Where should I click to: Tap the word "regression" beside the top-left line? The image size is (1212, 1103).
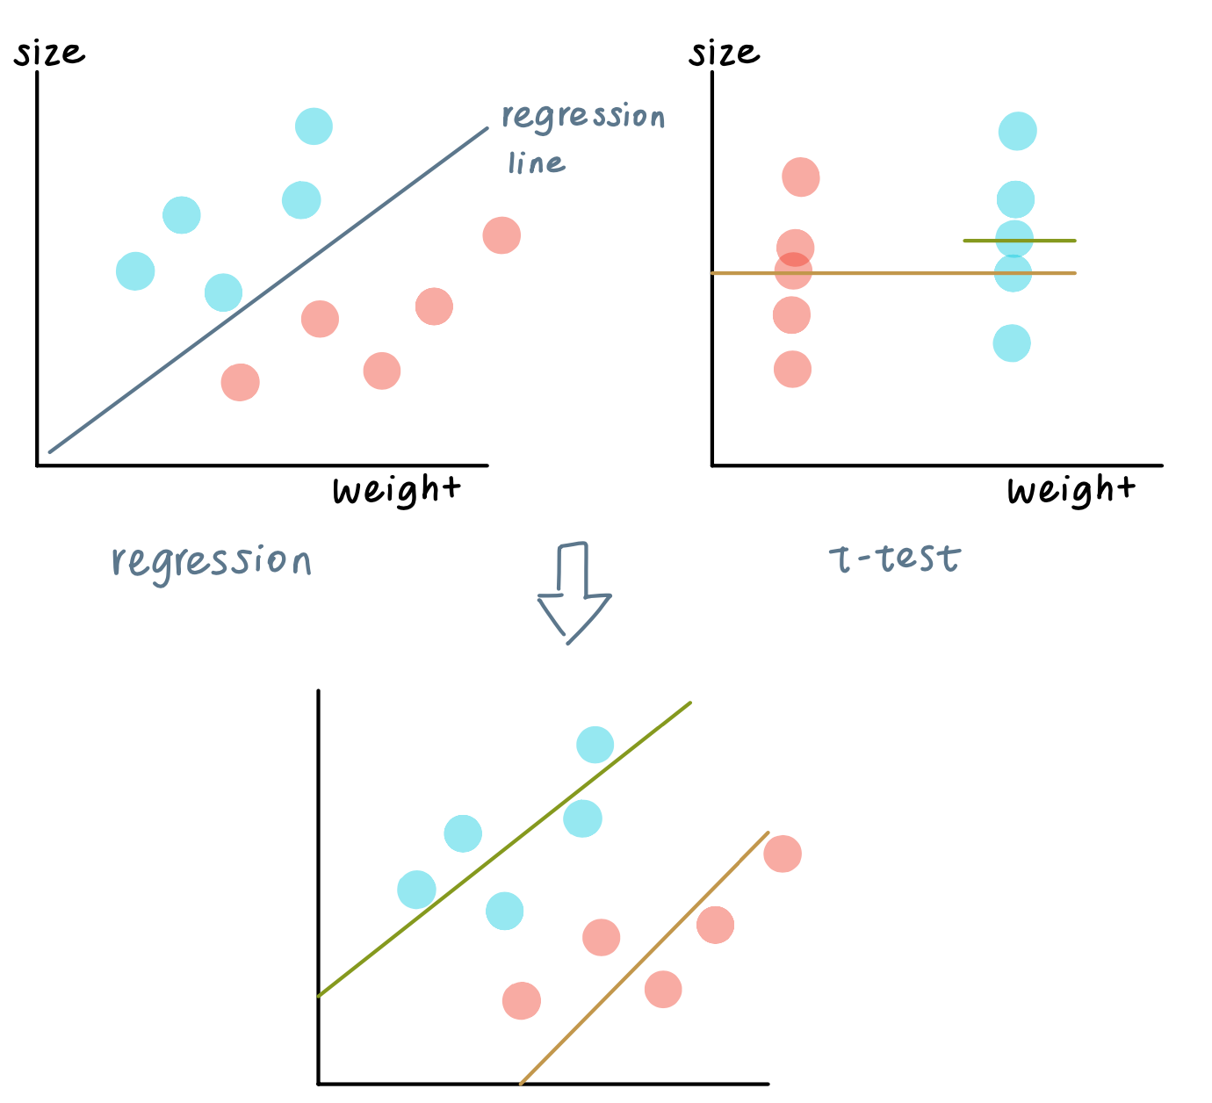(x=582, y=117)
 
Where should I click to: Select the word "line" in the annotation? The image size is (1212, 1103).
(x=536, y=163)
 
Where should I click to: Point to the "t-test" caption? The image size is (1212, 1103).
(x=895, y=558)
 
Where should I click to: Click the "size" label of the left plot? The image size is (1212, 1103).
(x=49, y=54)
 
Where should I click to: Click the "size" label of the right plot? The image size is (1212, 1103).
(x=724, y=54)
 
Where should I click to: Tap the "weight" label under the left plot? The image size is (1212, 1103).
(x=396, y=490)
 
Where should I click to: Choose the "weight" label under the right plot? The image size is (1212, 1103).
(x=1071, y=490)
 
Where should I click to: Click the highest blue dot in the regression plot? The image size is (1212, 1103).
(x=314, y=126)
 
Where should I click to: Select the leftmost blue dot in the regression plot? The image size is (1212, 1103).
(x=135, y=270)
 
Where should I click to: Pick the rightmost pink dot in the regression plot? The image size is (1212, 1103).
(x=501, y=235)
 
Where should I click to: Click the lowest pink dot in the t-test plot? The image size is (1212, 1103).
(x=792, y=369)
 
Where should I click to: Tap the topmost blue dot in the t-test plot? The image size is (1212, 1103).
(x=1017, y=131)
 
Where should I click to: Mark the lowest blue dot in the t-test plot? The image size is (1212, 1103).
(x=1012, y=343)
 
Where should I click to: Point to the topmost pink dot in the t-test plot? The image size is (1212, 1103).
(x=801, y=177)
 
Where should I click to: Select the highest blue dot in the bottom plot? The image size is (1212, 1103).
(x=595, y=745)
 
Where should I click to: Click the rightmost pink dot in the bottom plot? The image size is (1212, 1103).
(x=783, y=853)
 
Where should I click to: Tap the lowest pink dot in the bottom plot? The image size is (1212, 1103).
(x=522, y=1000)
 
